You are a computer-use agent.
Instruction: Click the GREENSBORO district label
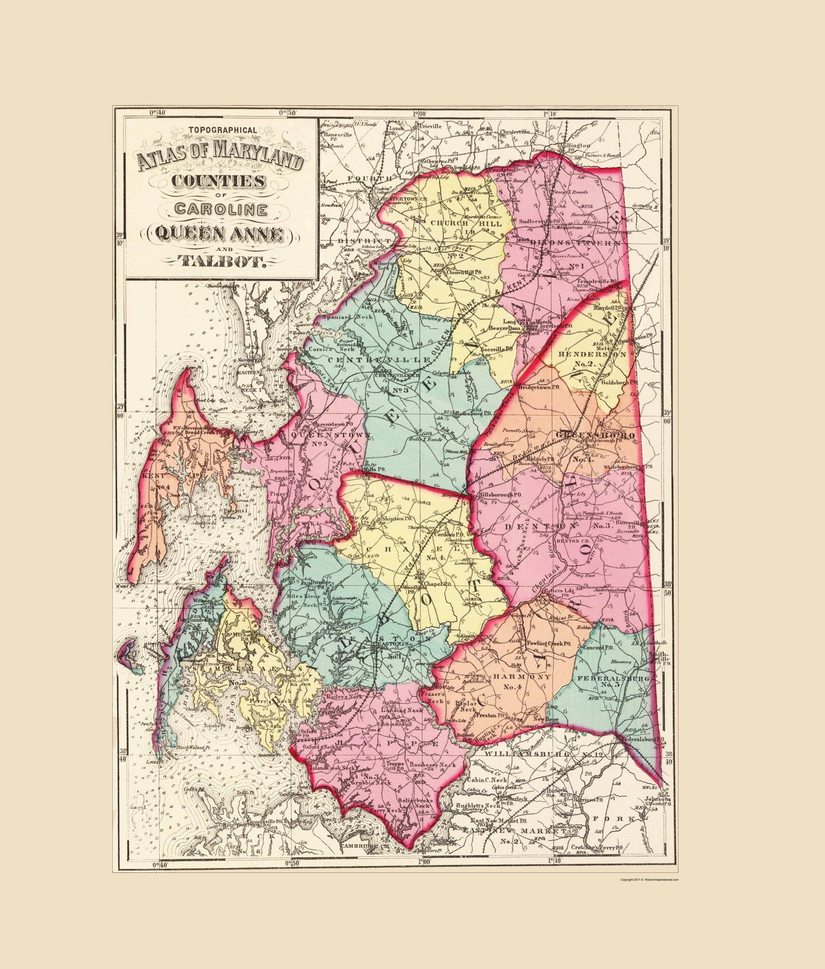[x=594, y=435]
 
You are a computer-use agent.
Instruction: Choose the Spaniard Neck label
[x=346, y=317]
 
